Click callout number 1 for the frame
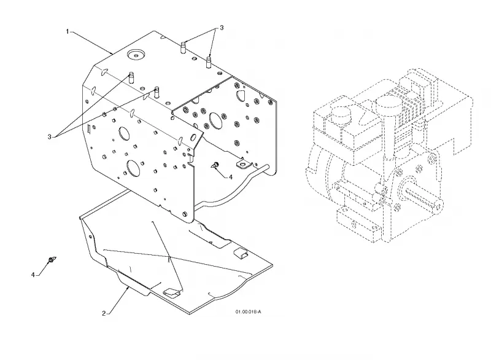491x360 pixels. pos(68,31)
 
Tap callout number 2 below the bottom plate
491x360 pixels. pos(104,313)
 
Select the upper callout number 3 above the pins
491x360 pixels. pos(222,28)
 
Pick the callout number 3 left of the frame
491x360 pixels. pos(50,136)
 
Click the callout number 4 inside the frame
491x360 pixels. pos(231,177)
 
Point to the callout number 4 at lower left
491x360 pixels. pos(33,275)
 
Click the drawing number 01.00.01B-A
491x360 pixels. pos(249,311)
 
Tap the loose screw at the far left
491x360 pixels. pos(52,260)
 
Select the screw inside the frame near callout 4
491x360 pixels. pos(215,164)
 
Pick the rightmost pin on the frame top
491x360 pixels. pos(209,61)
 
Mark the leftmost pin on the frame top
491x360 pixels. pos(131,77)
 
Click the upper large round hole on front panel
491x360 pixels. pos(124,134)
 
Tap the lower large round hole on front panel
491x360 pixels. pos(133,168)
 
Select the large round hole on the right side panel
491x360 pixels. pos(215,120)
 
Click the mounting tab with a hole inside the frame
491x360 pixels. pos(243,163)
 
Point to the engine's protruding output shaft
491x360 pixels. pos(423,197)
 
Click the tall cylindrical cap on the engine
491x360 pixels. pos(389,125)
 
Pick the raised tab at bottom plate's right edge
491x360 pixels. pos(241,252)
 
